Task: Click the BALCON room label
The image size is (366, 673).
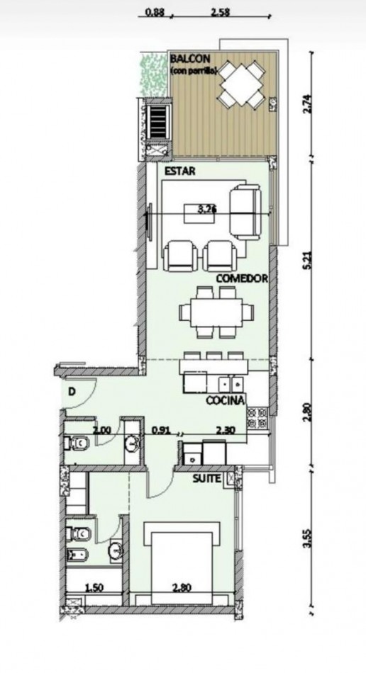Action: pyautogui.click(x=187, y=59)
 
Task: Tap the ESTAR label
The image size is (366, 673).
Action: pyautogui.click(x=180, y=171)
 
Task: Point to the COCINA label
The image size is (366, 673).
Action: pyautogui.click(x=226, y=401)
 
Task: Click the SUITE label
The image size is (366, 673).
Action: pyautogui.click(x=207, y=480)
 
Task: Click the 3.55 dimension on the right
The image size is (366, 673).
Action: pyautogui.click(x=306, y=548)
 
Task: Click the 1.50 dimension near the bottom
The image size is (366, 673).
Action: pyautogui.click(x=96, y=587)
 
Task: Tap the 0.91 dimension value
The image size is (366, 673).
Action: pyautogui.click(x=161, y=428)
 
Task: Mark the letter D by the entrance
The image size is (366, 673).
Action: pyautogui.click(x=72, y=391)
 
